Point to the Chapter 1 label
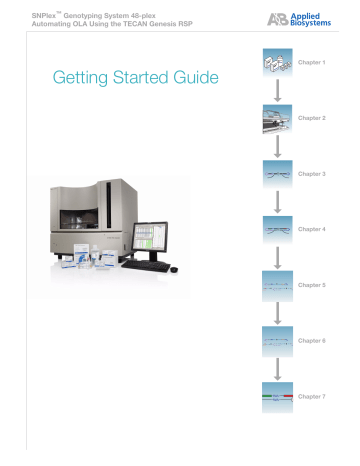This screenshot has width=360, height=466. pos(312,63)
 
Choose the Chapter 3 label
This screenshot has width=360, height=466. pos(312,174)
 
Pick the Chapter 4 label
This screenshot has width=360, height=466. pos(312,230)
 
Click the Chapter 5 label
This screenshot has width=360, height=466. pos(312,286)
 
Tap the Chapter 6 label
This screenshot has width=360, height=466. pos(312,342)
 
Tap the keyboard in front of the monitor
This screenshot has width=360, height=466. pos(151,268)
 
